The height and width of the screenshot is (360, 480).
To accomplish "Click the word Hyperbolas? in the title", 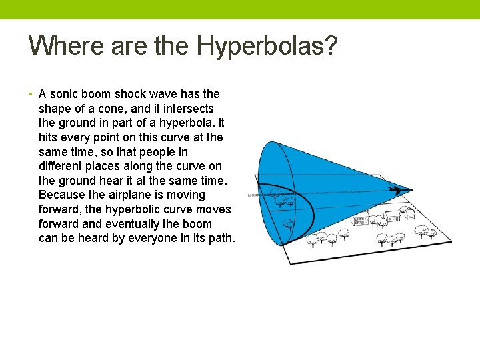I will coord(267,47).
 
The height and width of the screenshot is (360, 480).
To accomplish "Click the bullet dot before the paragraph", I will coord(32,94).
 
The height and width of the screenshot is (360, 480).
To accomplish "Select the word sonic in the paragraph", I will coord(65,94).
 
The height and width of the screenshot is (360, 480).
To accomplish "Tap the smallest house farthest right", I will coord(392,215).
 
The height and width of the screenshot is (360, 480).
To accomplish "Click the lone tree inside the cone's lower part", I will coord(289,224).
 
